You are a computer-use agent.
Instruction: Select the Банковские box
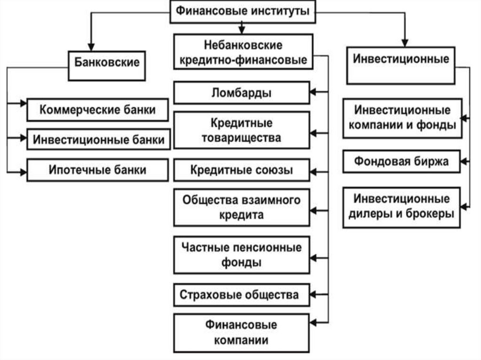(108, 61)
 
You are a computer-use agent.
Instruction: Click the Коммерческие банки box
(98, 110)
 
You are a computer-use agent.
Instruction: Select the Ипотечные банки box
(98, 169)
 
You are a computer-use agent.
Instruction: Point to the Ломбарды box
(242, 92)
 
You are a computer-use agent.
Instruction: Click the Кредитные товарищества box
(242, 130)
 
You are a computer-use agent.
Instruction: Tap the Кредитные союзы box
(242, 170)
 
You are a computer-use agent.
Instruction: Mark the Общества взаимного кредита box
(242, 207)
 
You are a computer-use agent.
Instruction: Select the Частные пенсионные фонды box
(242, 255)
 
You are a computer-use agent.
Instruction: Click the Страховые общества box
(242, 295)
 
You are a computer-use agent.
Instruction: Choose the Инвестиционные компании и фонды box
(402, 118)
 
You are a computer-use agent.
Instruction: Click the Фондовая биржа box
(402, 162)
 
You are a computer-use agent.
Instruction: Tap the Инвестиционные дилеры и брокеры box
(402, 207)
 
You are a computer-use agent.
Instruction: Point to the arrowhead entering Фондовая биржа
(465, 162)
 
